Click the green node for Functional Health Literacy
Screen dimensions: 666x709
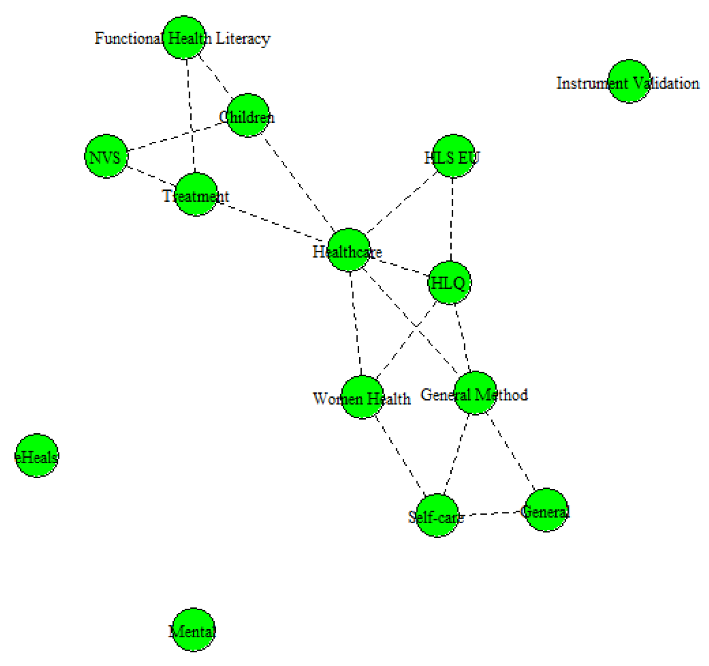click(x=184, y=38)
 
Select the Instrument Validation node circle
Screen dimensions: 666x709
click(x=629, y=81)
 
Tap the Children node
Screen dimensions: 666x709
click(x=248, y=116)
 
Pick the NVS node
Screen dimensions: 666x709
click(x=106, y=157)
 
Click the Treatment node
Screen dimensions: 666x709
click(x=196, y=195)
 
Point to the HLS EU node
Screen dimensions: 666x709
click(x=453, y=157)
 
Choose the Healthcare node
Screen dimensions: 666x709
click(x=348, y=250)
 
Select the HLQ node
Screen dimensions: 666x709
click(x=449, y=283)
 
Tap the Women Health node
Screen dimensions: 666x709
click(x=362, y=397)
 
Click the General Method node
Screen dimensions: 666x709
click(x=475, y=393)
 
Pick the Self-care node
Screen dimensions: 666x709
click(x=437, y=515)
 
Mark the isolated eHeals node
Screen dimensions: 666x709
click(x=36, y=456)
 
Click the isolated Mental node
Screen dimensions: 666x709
click(x=193, y=630)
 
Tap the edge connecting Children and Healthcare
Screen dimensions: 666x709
click(x=297, y=182)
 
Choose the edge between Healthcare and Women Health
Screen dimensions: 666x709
click(x=356, y=323)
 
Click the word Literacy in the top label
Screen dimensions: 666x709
click(x=243, y=38)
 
